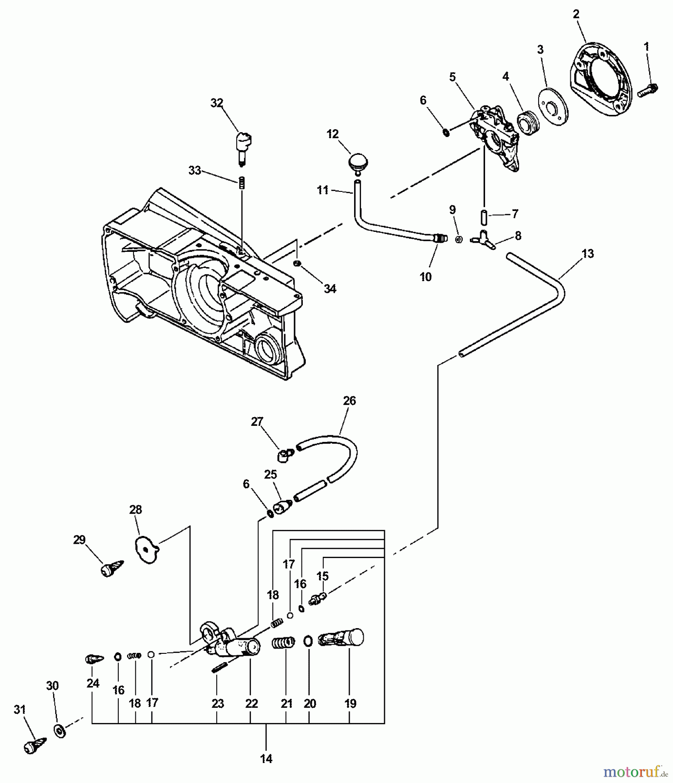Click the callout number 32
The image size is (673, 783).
217,103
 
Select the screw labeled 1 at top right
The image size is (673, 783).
648,90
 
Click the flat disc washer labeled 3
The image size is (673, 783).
553,107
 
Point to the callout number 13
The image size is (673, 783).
587,254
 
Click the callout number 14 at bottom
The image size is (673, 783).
266,759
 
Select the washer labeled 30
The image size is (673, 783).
60,731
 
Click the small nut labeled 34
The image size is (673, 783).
297,264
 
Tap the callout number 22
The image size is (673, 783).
251,703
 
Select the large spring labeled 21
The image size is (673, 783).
283,642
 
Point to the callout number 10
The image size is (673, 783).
425,277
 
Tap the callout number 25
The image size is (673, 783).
271,474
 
